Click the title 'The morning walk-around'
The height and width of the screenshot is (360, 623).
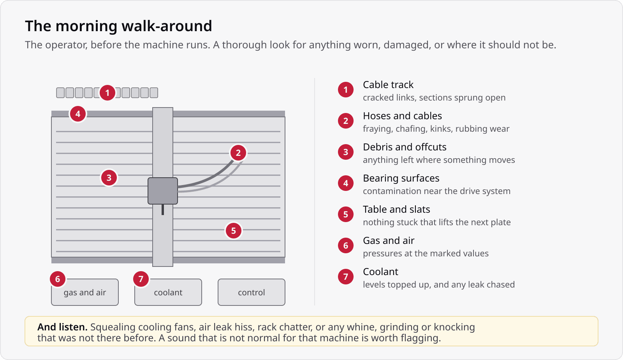coord(118,26)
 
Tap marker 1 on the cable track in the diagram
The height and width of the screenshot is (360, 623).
coord(107,93)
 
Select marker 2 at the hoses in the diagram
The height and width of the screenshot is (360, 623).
coord(238,153)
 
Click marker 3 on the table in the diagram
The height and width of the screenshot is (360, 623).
coord(109,178)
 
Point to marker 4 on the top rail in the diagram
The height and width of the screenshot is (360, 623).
coord(78,114)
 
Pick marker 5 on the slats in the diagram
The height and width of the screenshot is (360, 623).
coord(233,231)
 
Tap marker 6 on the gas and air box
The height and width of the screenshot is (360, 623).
coord(58,279)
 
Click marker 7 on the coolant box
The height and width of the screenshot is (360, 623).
coord(141,279)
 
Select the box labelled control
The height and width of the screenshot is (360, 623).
coord(252,292)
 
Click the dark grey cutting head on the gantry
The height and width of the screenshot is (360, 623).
coord(163,191)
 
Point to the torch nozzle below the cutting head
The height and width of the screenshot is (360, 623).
coord(163,210)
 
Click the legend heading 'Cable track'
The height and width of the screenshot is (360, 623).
coord(388,85)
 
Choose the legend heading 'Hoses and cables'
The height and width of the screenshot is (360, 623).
coord(402,116)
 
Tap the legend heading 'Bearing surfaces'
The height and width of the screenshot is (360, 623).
coord(401,178)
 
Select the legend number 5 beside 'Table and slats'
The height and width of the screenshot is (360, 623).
coord(346,214)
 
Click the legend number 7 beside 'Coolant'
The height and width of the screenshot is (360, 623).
coord(346,277)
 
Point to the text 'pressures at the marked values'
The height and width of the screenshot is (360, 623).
coord(426,254)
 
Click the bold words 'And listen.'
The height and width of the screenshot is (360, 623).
coord(63,327)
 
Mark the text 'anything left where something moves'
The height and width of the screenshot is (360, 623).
coord(439,160)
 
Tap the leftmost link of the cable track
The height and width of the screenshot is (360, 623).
coord(60,93)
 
